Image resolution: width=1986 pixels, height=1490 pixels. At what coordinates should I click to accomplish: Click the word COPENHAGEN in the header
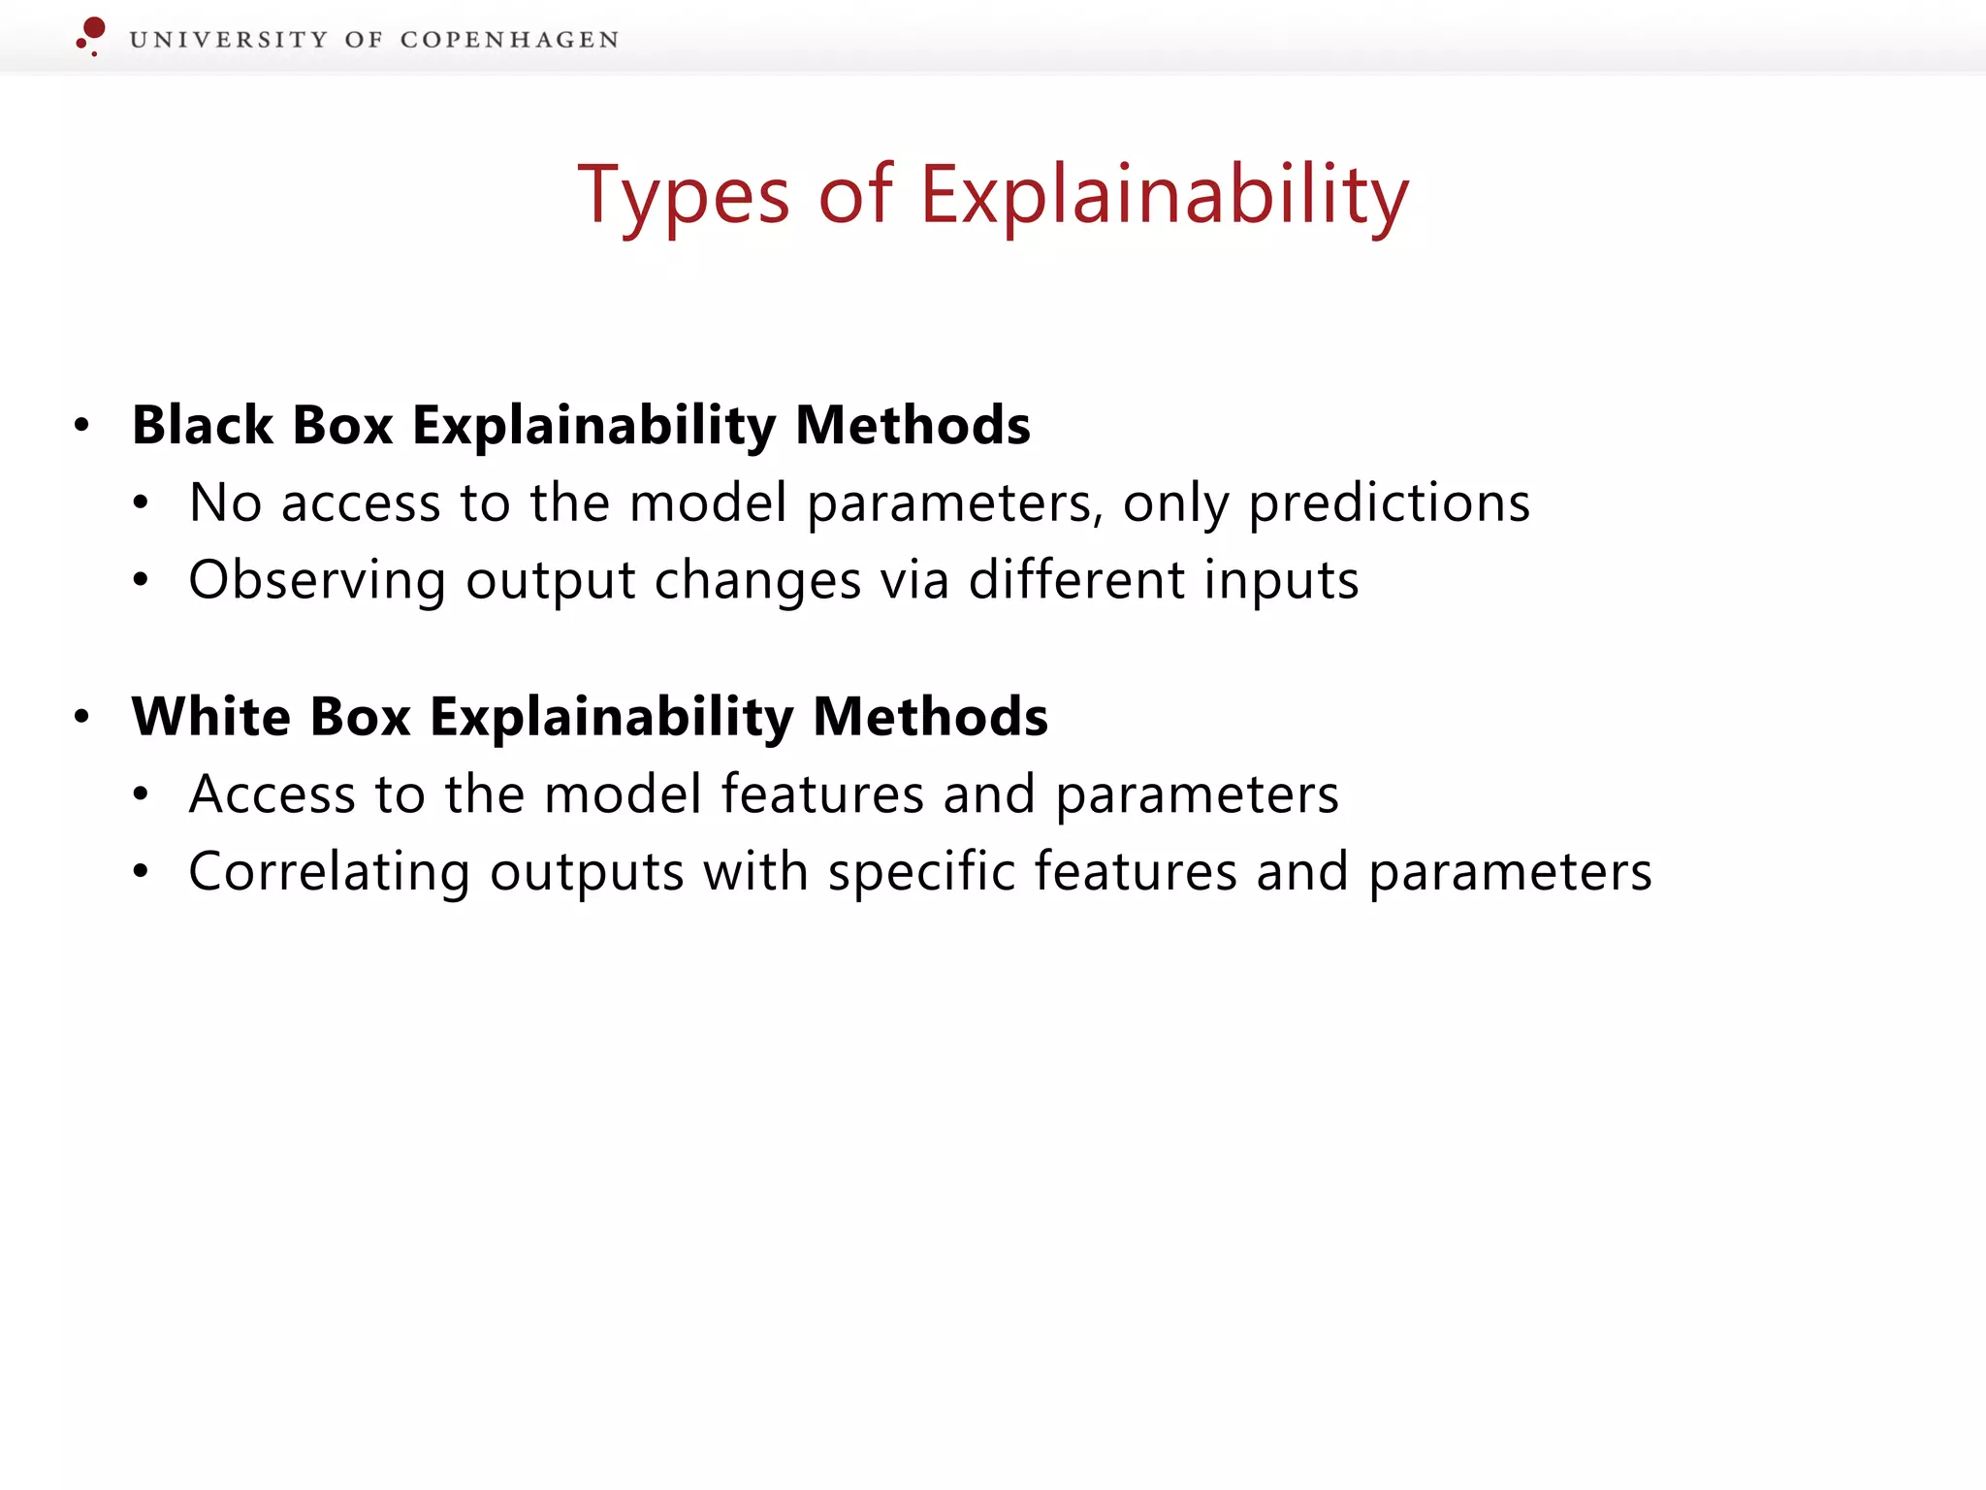[x=509, y=40]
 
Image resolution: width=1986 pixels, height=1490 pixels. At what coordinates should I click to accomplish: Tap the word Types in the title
[x=684, y=196]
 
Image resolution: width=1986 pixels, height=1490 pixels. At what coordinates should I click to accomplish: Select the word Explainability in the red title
[x=1164, y=196]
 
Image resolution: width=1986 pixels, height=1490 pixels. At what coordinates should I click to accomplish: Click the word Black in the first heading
[x=203, y=426]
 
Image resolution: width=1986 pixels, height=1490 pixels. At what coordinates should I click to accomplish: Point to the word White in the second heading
[x=210, y=717]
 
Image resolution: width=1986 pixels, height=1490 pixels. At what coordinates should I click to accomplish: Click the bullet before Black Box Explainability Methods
[x=82, y=425]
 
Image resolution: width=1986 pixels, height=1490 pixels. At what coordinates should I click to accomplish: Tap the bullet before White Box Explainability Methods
[x=82, y=717]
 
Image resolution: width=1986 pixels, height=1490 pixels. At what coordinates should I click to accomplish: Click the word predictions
[x=1389, y=503]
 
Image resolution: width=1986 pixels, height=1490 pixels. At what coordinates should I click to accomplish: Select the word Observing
[x=317, y=581]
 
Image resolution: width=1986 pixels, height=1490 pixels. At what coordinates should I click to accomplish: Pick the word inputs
[x=1281, y=581]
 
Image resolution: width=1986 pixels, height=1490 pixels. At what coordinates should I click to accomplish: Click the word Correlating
[x=329, y=872]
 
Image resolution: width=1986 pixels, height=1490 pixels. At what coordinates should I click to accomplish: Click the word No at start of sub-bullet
[x=225, y=503]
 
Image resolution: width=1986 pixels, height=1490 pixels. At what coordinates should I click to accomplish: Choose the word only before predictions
[x=1175, y=503]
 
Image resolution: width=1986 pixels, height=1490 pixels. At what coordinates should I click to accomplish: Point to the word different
[x=1076, y=581]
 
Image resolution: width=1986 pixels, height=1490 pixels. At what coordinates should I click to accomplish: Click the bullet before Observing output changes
[x=142, y=580]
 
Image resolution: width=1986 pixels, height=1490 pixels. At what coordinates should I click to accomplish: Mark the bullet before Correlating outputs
[x=142, y=871]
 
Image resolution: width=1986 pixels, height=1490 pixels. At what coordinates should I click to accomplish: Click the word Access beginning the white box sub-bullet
[x=272, y=794]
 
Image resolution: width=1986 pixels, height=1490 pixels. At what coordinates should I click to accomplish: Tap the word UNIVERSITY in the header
[x=229, y=40]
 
